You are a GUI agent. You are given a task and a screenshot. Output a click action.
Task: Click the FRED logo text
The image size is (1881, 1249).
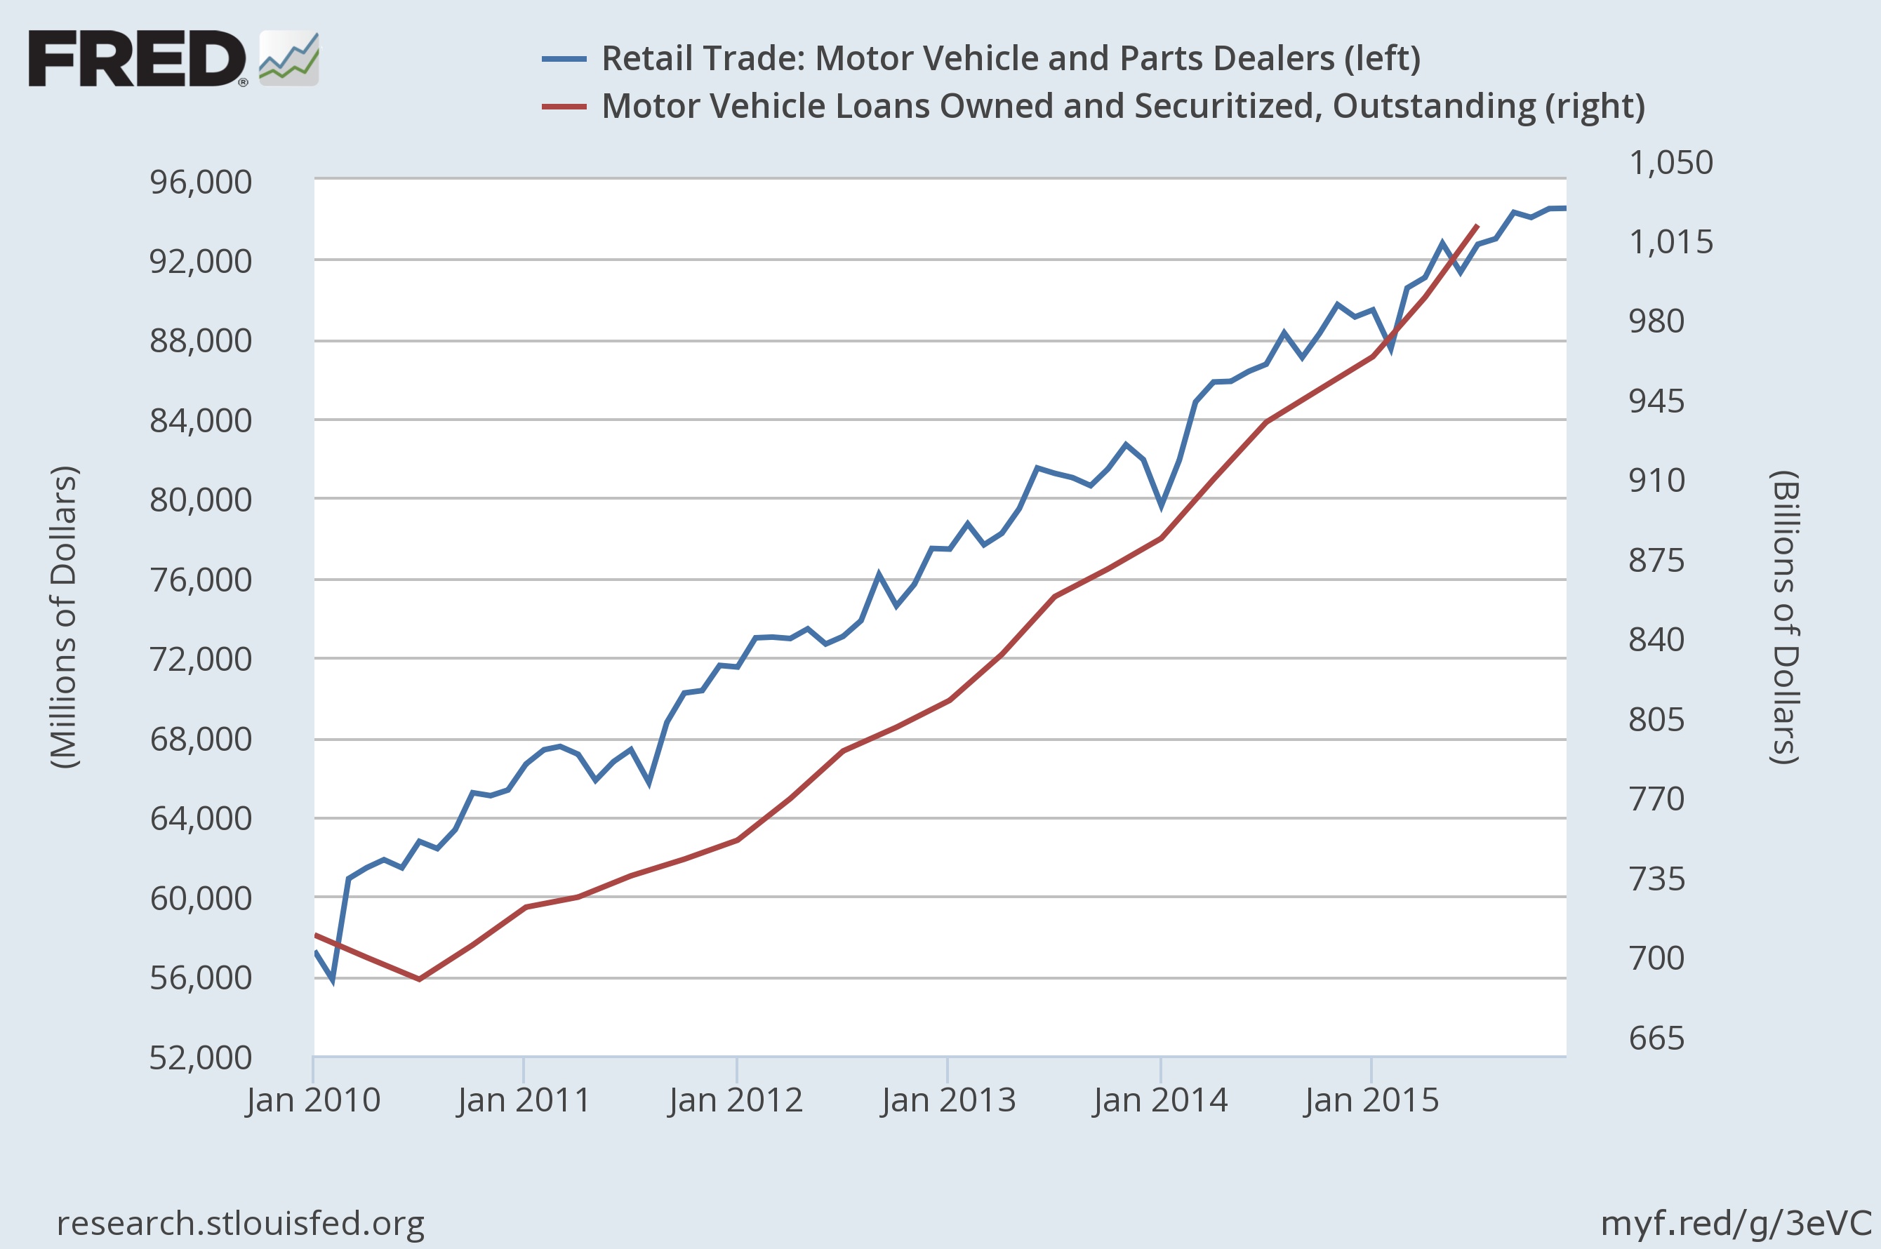[x=137, y=59]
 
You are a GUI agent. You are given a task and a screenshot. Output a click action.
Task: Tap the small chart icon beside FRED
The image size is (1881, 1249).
[x=288, y=59]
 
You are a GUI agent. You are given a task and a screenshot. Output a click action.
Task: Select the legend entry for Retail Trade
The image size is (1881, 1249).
[x=1010, y=58]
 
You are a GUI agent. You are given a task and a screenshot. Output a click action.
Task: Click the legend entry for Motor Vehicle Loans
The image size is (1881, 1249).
[x=1122, y=106]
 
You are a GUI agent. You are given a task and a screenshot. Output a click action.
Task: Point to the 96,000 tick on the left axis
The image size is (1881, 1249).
[x=201, y=182]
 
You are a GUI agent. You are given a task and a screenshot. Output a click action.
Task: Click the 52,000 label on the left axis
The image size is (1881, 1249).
[x=201, y=1058]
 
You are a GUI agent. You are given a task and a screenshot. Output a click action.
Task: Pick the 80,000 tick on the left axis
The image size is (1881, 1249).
[x=201, y=500]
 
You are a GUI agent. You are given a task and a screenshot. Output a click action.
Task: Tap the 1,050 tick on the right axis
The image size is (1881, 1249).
[x=1670, y=163]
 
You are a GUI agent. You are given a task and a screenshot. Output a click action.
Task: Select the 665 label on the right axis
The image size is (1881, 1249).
[x=1656, y=1038]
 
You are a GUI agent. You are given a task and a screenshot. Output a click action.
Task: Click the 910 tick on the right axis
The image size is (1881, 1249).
[x=1656, y=481]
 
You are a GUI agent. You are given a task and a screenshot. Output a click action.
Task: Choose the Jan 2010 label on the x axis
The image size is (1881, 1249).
[x=313, y=1101]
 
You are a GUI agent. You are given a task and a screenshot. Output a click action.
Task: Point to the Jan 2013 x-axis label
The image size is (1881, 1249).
[x=948, y=1101]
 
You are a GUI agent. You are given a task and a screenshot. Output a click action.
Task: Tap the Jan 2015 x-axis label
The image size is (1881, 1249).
[x=1371, y=1101]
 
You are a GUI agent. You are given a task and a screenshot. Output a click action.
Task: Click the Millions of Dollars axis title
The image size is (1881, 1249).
[x=64, y=617]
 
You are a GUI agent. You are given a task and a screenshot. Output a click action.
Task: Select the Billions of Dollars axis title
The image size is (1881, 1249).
[x=1785, y=617]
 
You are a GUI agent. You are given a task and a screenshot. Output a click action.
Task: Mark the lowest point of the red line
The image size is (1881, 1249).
[x=419, y=979]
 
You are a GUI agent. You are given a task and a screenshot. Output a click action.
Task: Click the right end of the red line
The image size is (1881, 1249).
[x=1477, y=226]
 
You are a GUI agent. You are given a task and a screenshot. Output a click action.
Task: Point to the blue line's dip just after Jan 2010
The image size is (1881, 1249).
[x=332, y=980]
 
